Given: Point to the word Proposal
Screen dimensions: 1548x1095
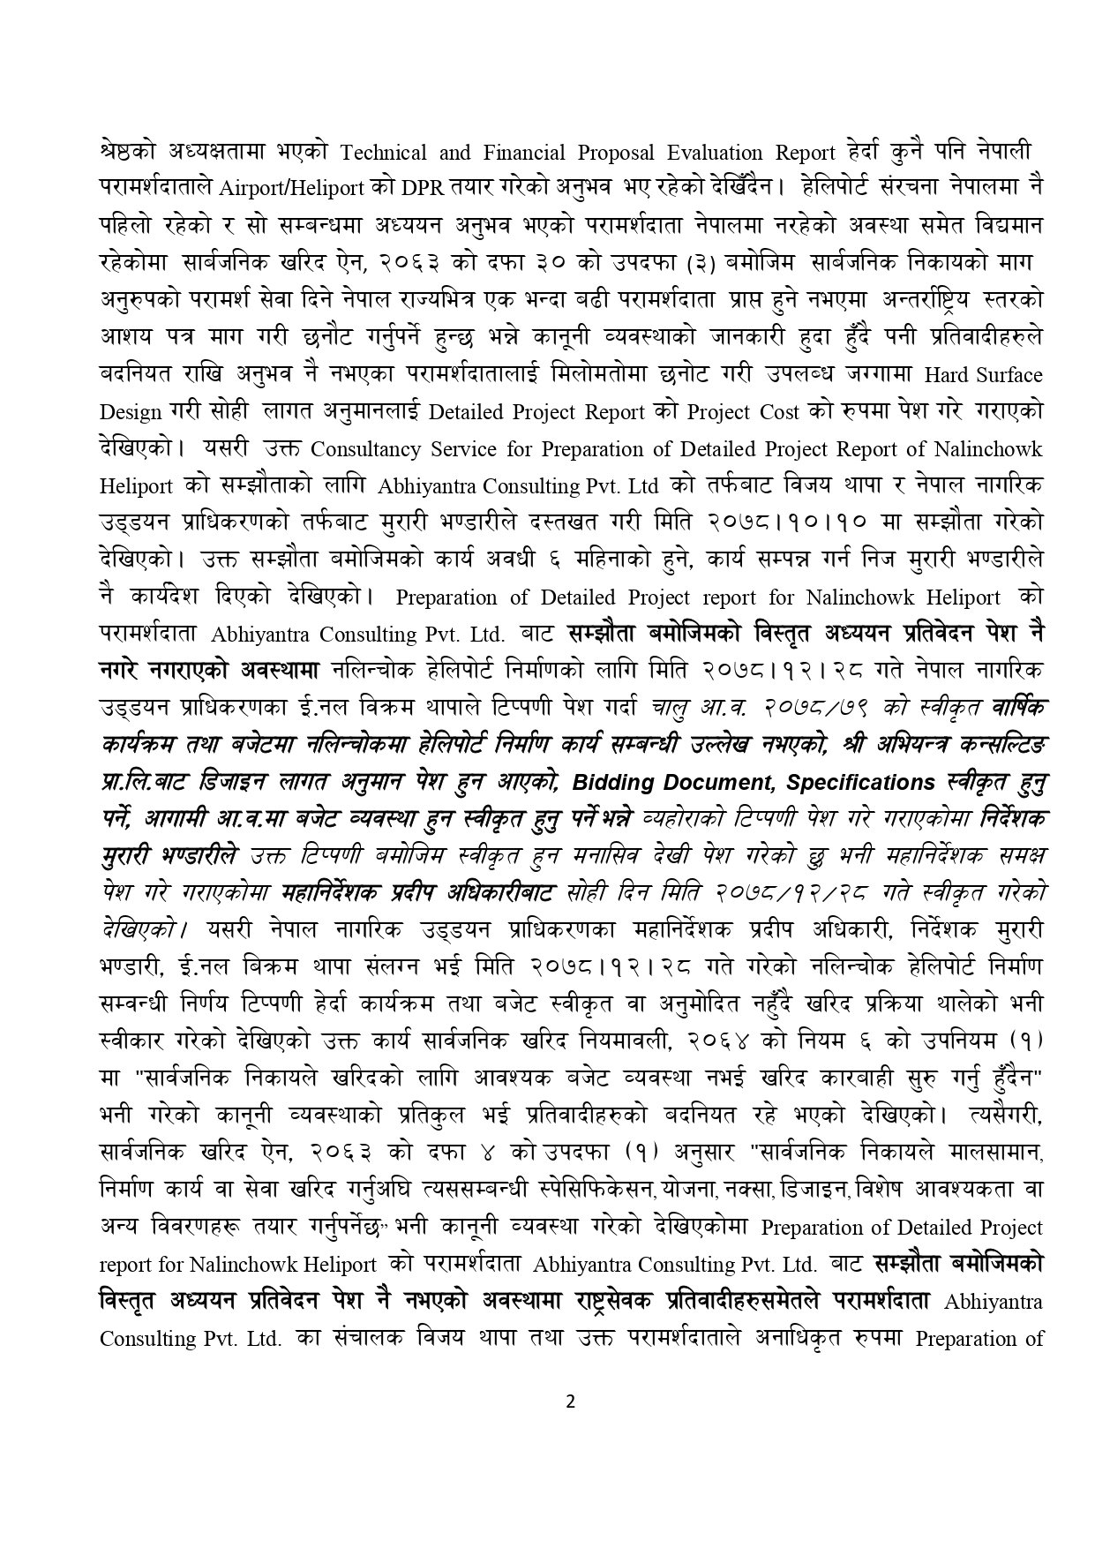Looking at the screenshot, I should pyautogui.click(x=617, y=153).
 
